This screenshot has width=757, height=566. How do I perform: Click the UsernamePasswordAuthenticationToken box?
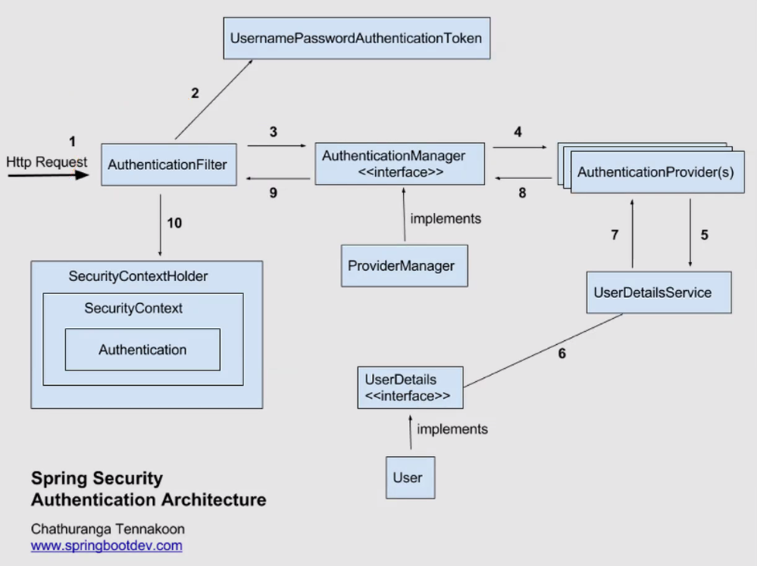[x=357, y=39]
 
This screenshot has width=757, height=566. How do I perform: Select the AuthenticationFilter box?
[x=169, y=164]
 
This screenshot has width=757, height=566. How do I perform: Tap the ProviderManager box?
[x=405, y=266]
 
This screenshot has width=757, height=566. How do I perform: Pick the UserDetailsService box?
[x=659, y=292]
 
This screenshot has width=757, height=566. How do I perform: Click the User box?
[x=411, y=477]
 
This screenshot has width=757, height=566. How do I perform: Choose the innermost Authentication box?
[x=143, y=349]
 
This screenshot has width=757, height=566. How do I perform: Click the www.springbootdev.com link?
[x=107, y=546]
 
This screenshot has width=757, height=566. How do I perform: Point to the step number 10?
[x=174, y=223]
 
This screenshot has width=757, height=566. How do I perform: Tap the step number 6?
[x=562, y=354]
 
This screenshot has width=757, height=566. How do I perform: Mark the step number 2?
[x=195, y=93]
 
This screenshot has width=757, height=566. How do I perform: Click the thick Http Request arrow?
[x=48, y=175]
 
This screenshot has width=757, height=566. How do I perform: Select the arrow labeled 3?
[x=277, y=145]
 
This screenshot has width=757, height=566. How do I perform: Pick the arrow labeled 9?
[x=278, y=179]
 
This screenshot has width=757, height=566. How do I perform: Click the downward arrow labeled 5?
[x=690, y=233]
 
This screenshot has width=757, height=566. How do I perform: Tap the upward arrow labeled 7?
[x=633, y=233]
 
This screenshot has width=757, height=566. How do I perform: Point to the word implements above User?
[x=452, y=430]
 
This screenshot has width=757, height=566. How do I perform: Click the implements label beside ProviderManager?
[x=446, y=219]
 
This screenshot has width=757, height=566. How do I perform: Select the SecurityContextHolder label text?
[x=138, y=277]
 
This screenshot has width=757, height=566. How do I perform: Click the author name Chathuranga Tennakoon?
[x=108, y=530]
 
